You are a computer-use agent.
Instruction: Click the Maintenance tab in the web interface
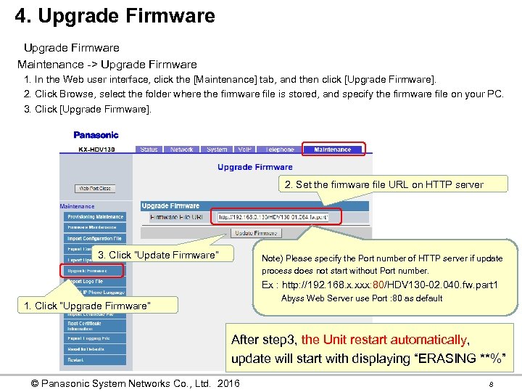[x=332, y=150]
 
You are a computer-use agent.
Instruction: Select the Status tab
[x=149, y=150]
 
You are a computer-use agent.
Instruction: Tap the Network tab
[x=181, y=150]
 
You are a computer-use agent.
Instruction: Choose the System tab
[x=217, y=150]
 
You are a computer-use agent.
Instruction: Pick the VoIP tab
[x=244, y=150]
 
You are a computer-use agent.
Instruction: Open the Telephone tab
[x=280, y=150]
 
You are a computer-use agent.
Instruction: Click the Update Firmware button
[x=255, y=233]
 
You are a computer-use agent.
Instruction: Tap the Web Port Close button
[x=95, y=189]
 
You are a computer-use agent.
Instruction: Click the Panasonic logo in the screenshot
[x=96, y=135]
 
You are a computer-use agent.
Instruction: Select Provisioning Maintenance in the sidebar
[x=96, y=216]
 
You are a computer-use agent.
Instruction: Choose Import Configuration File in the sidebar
[x=95, y=238]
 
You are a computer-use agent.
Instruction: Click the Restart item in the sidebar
[x=76, y=359]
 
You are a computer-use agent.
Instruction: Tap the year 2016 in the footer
[x=228, y=383]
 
